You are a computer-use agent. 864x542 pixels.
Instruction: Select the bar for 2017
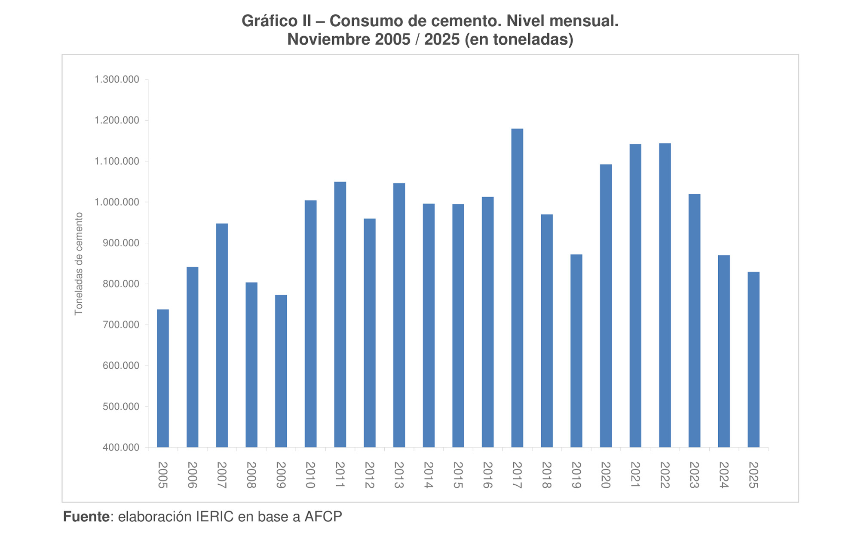tap(517, 288)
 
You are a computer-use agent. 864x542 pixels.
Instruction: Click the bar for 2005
tap(163, 378)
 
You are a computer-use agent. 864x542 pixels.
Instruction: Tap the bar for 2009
tap(281, 371)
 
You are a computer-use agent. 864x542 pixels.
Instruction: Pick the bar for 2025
tap(754, 359)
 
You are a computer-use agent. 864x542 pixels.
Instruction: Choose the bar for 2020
tap(606, 306)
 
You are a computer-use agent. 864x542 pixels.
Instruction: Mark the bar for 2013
tap(399, 315)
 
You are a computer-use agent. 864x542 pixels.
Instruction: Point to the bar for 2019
tap(576, 351)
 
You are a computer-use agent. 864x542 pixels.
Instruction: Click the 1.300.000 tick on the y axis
tap(117, 80)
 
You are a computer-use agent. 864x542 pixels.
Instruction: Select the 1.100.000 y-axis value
tap(117, 162)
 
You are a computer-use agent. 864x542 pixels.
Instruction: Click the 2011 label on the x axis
tap(340, 475)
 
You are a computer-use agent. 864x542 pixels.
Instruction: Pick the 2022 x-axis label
tap(665, 475)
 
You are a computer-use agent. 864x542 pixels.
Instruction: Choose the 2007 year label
tap(221, 475)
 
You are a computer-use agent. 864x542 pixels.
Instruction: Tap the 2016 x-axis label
tap(487, 475)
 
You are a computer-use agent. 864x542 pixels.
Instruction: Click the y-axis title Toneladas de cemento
tap(79, 263)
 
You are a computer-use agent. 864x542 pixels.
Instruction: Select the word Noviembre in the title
tap(328, 40)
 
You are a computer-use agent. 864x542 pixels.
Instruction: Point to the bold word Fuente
tap(86, 517)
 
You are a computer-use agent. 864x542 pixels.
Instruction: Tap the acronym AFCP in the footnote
tap(323, 517)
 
